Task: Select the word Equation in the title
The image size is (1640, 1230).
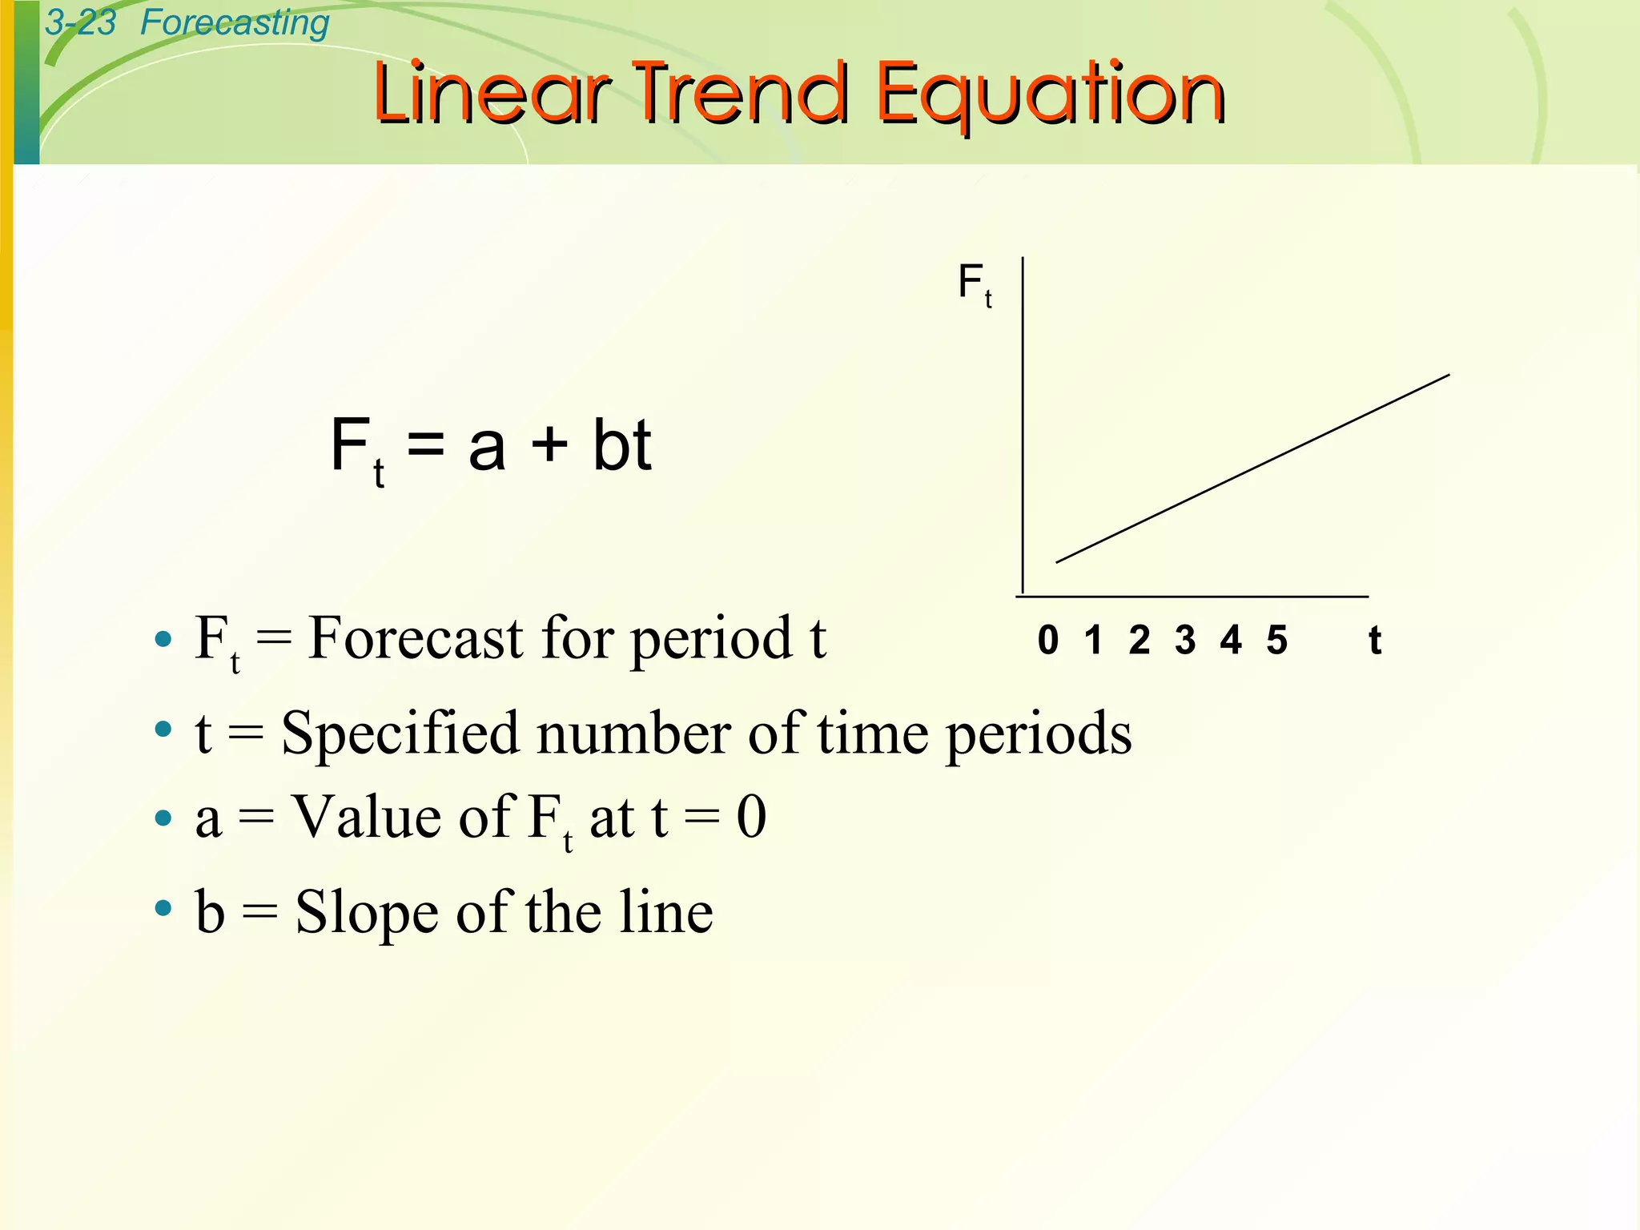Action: point(1051,96)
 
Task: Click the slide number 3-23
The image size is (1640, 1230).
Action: point(80,22)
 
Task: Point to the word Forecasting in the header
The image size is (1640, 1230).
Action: point(235,22)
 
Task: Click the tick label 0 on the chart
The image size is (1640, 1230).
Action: point(1048,640)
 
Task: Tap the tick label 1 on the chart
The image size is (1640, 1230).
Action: point(1094,640)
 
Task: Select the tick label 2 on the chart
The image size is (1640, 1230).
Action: point(1140,640)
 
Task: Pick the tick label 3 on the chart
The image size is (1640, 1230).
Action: point(1185,640)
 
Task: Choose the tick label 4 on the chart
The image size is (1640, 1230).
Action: point(1231,640)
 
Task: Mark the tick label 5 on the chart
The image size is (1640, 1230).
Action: point(1277,640)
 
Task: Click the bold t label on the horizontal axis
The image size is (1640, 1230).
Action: point(1375,640)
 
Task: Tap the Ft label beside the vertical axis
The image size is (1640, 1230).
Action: point(975,284)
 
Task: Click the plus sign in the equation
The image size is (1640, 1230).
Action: point(549,445)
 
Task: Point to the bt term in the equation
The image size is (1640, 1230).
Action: point(622,444)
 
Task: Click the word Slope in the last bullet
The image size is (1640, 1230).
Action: point(365,912)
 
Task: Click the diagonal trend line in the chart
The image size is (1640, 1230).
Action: point(1253,468)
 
